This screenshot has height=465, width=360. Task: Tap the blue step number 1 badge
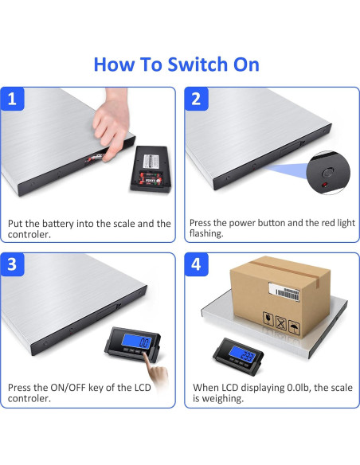pos(12,99)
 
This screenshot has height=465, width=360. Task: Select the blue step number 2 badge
pos(196,99)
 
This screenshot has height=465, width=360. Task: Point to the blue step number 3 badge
pos(12,264)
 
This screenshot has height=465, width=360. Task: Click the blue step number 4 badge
pos(196,264)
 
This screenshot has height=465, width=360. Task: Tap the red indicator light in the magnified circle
pos(325,185)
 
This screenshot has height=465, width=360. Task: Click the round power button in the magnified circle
pos(327,173)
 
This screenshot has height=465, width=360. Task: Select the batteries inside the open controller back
pos(151,179)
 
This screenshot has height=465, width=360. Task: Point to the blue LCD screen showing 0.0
pos(136,342)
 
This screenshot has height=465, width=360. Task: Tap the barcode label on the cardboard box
pos(284,291)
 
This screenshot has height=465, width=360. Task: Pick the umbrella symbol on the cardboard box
pos(295,328)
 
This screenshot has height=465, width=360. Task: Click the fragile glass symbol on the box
pos(268,318)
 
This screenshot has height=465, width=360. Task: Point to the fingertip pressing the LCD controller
pos(146,354)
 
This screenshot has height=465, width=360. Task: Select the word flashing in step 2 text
pos(206,233)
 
